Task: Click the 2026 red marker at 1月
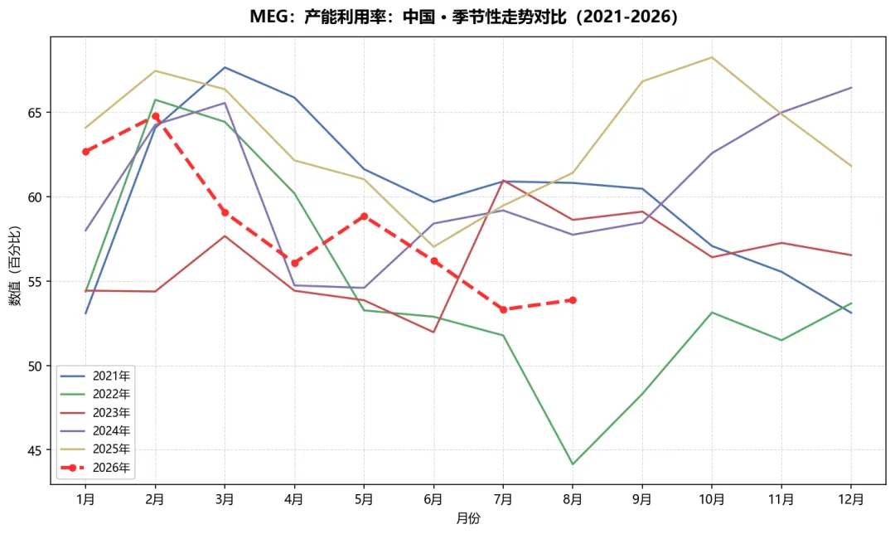coord(85,152)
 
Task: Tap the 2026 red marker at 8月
coord(573,300)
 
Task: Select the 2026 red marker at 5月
coord(364,216)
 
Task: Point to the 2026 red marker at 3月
coord(225,212)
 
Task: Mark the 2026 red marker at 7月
coord(503,309)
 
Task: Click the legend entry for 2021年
coord(95,376)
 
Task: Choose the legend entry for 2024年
coord(95,430)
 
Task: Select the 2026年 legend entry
coord(95,468)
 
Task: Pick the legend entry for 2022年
coord(95,394)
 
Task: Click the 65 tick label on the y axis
coord(35,113)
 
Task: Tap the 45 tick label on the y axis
coord(35,450)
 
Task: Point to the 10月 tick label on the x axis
coord(712,500)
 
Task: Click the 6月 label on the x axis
coord(433,500)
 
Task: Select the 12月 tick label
coord(851,500)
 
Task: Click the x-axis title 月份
coord(468,518)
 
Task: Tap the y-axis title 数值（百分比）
coord(15,265)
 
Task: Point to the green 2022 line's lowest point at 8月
coord(573,464)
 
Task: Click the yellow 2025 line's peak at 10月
coord(712,57)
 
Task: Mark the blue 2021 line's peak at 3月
coord(225,67)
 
